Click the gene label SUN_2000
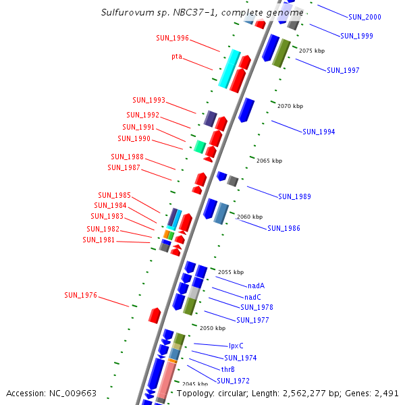pyautogui.click(x=364, y=17)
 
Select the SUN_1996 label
pyautogui.click(x=172, y=38)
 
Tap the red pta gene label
pyautogui.click(x=177, y=57)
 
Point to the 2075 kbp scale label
pyautogui.click(x=311, y=51)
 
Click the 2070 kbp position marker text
pyautogui.click(x=290, y=106)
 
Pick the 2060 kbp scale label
pyautogui.click(x=249, y=217)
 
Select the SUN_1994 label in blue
pyautogui.click(x=319, y=132)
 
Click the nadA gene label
pyautogui.click(x=256, y=286)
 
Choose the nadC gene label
pyautogui.click(x=252, y=297)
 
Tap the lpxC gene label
pyautogui.click(x=236, y=346)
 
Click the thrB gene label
pyautogui.click(x=228, y=369)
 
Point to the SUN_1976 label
pyautogui.click(x=81, y=295)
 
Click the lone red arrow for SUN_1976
pyautogui.click(x=155, y=315)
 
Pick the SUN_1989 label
pyautogui.click(x=294, y=196)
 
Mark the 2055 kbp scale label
pyautogui.click(x=231, y=272)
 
